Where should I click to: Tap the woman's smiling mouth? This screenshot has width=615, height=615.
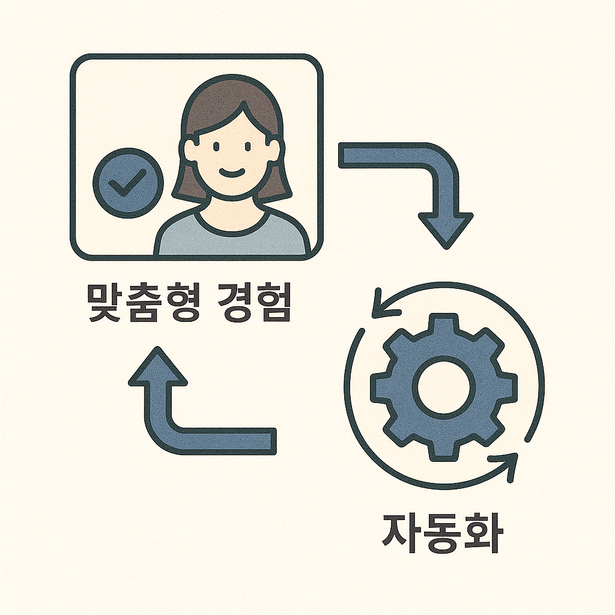232,172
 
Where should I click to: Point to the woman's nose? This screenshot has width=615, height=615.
232,159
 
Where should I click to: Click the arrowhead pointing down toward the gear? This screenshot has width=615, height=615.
445,231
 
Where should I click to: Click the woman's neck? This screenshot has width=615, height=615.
232,207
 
